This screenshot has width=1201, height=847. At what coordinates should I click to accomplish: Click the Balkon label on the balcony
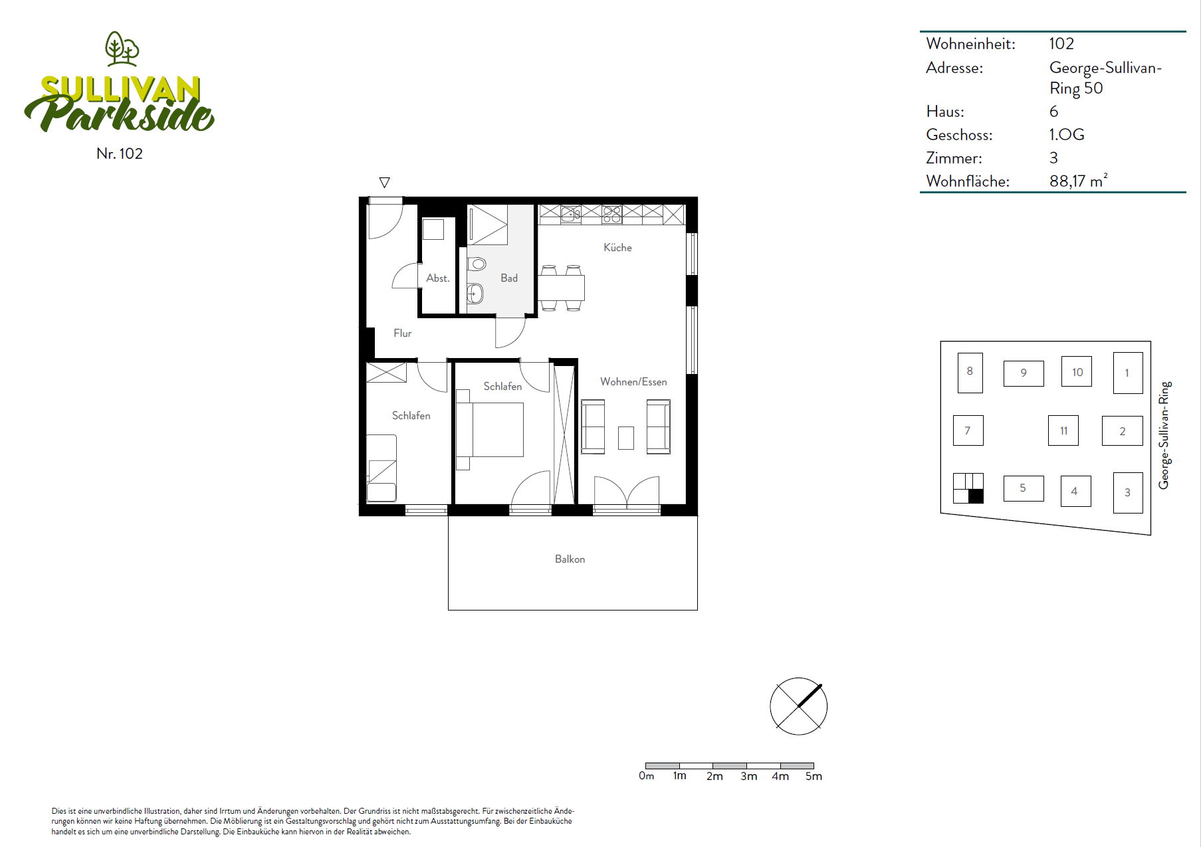570,559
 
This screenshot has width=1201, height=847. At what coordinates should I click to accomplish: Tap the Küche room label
617,247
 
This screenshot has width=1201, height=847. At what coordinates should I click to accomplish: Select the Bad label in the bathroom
509,278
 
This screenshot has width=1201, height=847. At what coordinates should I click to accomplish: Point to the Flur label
402,333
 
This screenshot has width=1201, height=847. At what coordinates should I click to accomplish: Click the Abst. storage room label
438,278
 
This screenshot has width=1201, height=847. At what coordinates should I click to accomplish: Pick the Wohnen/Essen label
633,382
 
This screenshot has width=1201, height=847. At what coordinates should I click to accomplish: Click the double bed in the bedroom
490,429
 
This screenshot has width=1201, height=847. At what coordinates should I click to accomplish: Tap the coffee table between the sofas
626,438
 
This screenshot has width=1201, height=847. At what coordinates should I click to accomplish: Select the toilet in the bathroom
477,264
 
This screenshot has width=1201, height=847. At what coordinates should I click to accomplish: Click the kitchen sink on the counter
570,214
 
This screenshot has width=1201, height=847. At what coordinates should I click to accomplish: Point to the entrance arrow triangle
384,182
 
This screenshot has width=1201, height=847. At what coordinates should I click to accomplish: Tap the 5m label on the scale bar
814,776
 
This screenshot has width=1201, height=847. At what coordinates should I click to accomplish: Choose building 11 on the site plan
1063,430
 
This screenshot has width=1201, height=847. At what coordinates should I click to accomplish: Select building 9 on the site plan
1024,373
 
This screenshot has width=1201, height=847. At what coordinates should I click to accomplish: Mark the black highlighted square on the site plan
976,496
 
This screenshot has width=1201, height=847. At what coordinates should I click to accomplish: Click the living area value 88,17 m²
1079,181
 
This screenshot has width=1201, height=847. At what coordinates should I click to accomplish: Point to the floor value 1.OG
1067,134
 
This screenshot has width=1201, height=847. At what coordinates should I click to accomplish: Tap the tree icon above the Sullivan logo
122,48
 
